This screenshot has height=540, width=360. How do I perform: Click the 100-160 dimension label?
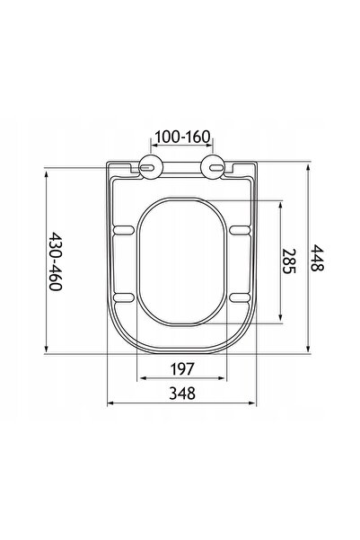182,137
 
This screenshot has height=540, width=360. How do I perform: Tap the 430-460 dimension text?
55,261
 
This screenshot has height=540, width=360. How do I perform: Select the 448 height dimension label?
317,258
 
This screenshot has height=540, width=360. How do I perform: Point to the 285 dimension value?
289,261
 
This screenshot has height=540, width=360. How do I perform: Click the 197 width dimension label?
182,369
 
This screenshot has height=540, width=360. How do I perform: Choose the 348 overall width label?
182,394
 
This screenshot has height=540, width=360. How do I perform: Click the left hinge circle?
151,167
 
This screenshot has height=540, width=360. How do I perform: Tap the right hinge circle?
213,167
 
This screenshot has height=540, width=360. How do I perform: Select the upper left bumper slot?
123,230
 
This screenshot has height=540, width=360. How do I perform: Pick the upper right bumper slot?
240,230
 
